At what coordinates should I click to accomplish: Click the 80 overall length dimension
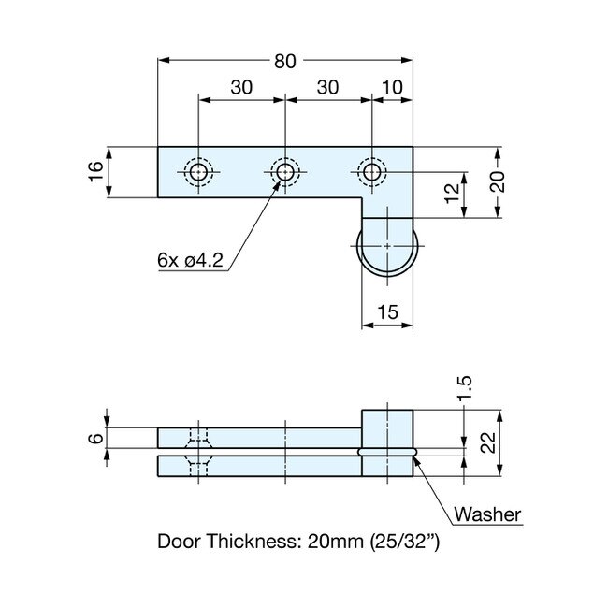(x=285, y=61)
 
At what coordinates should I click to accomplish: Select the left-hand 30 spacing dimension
(x=240, y=87)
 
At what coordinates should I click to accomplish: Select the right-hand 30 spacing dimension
(x=328, y=87)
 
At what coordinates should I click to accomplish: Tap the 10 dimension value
(x=394, y=87)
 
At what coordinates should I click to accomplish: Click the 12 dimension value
(x=451, y=195)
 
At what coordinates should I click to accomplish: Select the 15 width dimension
(x=386, y=313)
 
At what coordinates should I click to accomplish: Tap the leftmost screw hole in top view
(x=198, y=172)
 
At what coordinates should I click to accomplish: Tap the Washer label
(x=486, y=514)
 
